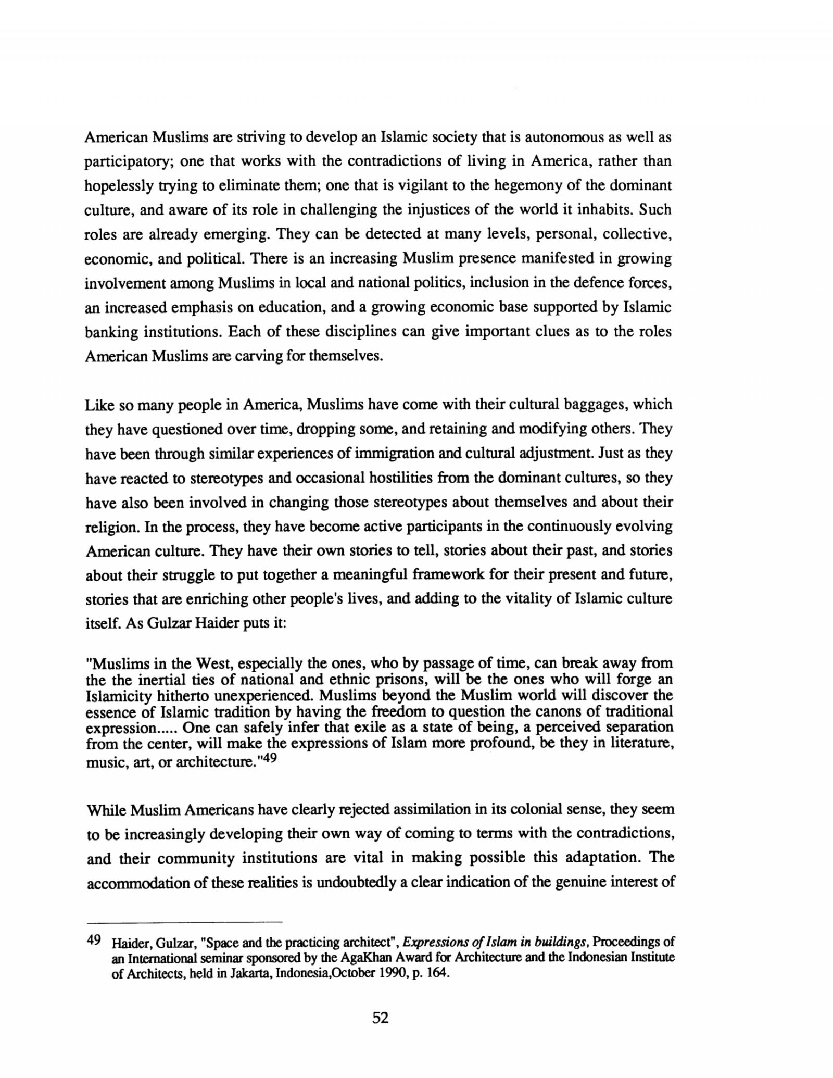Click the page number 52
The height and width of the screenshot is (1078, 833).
click(381, 1032)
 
